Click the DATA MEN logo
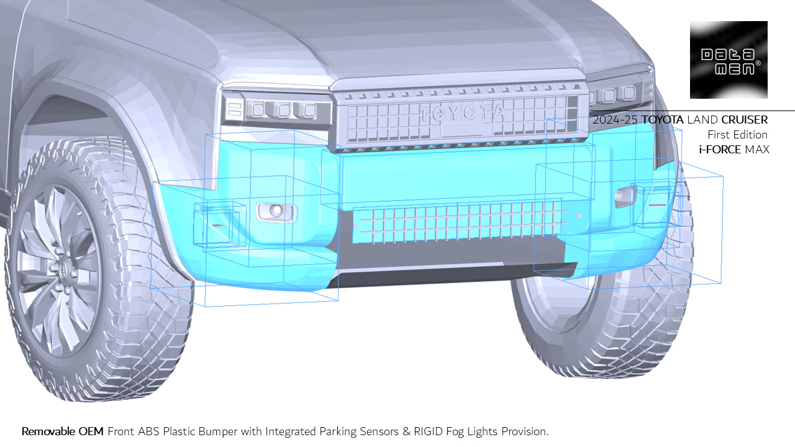click(x=729, y=60)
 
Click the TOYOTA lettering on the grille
click(x=462, y=114)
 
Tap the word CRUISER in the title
click(x=744, y=120)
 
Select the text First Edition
click(x=737, y=135)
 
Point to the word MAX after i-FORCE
click(x=757, y=150)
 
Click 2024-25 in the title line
click(x=616, y=120)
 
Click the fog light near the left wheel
click(x=276, y=212)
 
